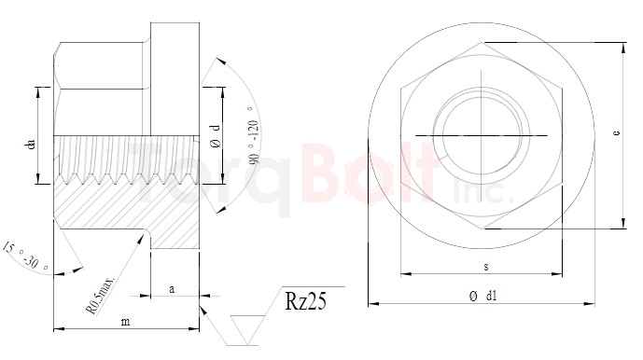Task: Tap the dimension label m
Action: pyautogui.click(x=128, y=322)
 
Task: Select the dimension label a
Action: pyautogui.click(x=171, y=290)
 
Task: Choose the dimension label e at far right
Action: pyautogui.click(x=617, y=134)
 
